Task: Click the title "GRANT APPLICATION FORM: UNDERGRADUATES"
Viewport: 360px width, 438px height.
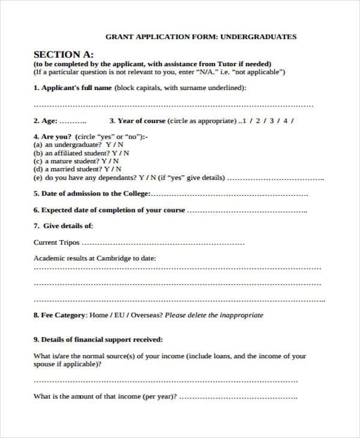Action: pyautogui.click(x=200, y=37)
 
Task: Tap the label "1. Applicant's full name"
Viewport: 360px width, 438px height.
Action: pyautogui.click(x=73, y=88)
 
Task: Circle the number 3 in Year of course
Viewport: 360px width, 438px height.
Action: pyautogui.click(x=271, y=121)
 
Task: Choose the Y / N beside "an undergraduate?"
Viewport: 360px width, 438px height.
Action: pyautogui.click(x=115, y=145)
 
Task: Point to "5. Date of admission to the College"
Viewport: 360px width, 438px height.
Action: pyautogui.click(x=90, y=194)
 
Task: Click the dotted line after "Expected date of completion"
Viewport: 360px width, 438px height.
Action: pyautogui.click(x=247, y=211)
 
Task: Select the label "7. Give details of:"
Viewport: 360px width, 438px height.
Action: pyautogui.click(x=63, y=226)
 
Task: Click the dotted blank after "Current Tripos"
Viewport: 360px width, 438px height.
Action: pyautogui.click(x=163, y=243)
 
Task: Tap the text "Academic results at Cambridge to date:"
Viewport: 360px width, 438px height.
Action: pyautogui.click(x=95, y=258)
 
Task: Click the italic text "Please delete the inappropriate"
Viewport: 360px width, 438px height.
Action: pyautogui.click(x=214, y=315)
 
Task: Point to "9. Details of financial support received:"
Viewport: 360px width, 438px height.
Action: pyautogui.click(x=98, y=340)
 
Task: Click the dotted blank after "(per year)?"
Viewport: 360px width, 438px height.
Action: pyautogui.click(x=238, y=397)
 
